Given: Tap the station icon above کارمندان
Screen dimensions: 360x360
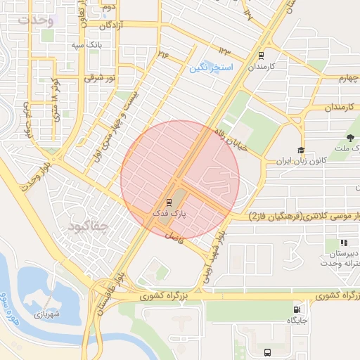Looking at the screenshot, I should click(262, 55).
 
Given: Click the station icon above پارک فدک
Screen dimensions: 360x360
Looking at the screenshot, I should click(168, 202).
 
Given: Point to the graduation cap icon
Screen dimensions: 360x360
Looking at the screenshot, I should click(301, 150).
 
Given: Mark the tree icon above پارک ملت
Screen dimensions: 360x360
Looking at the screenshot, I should click(350, 136).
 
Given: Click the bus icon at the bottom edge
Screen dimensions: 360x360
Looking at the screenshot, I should click(266, 352).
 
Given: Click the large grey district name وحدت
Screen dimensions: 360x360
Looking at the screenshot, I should click(36, 20).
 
